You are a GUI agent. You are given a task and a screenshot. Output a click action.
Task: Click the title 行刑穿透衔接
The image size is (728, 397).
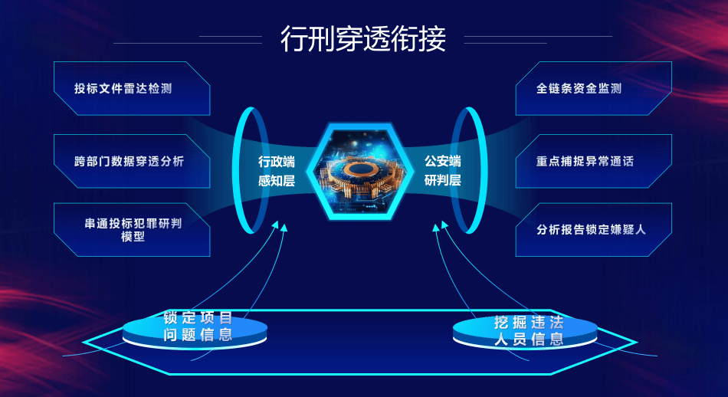(363, 38)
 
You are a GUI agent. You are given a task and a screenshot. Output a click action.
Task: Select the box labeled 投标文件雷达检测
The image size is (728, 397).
(132, 88)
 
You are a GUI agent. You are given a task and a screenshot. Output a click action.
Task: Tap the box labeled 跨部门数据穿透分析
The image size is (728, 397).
(132, 161)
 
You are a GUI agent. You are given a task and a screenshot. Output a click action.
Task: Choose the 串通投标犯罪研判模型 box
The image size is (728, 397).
(132, 229)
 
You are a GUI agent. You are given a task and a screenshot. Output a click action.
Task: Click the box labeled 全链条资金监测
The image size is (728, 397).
(594, 88)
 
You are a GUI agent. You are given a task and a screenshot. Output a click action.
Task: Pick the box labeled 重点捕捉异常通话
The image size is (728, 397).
(594, 161)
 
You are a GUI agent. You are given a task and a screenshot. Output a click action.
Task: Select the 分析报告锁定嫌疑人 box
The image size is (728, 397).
(594, 229)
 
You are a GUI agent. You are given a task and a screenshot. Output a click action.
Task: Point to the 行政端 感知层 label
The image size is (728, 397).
(277, 171)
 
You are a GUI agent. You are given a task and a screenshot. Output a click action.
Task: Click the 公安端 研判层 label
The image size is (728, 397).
(443, 170)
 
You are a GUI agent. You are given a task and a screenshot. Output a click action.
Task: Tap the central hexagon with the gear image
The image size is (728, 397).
(360, 172)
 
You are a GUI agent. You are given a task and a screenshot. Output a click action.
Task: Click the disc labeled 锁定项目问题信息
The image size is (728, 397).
(195, 330)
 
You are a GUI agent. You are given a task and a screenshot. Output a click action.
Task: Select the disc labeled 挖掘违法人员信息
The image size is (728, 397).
(525, 333)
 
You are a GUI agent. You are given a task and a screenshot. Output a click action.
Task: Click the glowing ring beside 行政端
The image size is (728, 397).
(251, 170)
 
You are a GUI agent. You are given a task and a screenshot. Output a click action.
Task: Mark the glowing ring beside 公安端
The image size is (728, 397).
(468, 170)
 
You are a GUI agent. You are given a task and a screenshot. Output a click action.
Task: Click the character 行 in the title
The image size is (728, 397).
(293, 38)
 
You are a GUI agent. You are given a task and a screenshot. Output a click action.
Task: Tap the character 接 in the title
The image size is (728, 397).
(433, 38)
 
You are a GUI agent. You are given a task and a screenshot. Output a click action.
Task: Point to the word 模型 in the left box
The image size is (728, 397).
(133, 237)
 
